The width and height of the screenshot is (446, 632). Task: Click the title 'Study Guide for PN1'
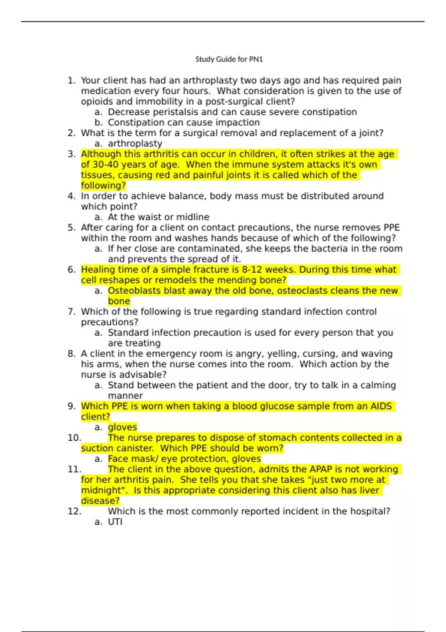tap(229, 59)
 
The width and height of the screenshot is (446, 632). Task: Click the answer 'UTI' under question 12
tap(115, 522)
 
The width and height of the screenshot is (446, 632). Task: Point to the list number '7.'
tap(72, 312)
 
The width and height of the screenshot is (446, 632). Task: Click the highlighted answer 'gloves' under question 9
tap(122, 427)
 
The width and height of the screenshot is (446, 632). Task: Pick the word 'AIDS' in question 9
tap(381, 406)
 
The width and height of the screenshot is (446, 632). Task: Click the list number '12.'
tap(74, 512)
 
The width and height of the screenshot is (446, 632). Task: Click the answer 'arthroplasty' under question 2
tap(135, 144)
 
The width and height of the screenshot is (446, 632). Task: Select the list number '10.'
tap(74, 438)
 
